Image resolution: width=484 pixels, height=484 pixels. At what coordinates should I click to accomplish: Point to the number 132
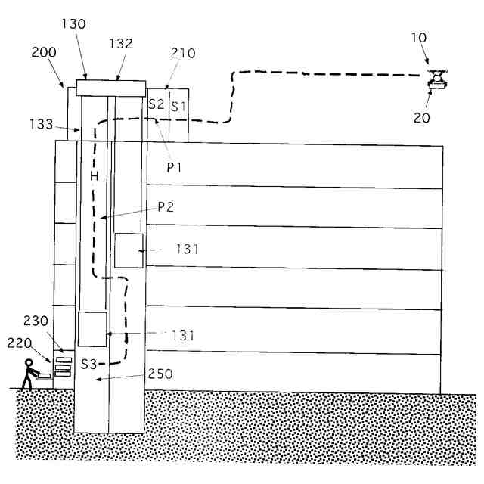pos(121,44)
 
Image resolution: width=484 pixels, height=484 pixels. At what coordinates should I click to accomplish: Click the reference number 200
pos(43,54)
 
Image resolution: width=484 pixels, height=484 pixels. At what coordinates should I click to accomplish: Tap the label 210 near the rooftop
pos(182,54)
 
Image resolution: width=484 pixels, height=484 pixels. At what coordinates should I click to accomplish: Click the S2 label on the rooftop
pos(157,104)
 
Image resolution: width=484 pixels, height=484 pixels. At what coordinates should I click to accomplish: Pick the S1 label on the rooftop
pos(178,106)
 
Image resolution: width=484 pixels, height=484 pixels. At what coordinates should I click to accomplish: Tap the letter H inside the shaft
pos(95,175)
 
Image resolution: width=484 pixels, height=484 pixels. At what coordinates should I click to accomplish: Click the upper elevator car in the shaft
pos(129,250)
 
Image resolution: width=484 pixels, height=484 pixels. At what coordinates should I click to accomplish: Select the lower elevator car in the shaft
pos(92,329)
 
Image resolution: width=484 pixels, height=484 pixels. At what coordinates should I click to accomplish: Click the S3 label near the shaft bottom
pos(88,364)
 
